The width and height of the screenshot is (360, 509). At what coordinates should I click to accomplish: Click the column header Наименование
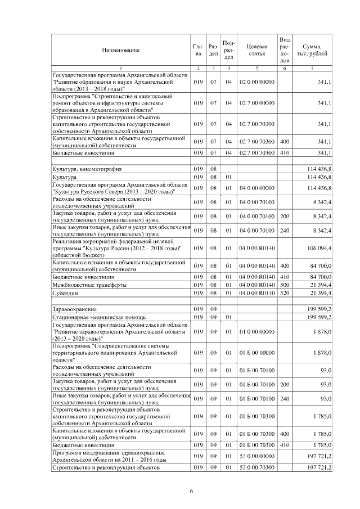120,51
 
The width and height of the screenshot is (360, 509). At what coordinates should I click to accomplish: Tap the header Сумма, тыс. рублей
312,49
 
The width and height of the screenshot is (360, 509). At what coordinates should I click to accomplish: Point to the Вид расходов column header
285,49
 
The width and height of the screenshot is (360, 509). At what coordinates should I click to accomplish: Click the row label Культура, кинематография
87,169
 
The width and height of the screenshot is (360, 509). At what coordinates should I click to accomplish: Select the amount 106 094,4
319,248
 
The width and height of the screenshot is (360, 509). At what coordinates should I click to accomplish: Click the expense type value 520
285,293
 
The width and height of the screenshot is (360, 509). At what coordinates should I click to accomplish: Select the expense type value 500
285,285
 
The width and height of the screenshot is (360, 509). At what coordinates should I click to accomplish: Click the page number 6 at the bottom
191,492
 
